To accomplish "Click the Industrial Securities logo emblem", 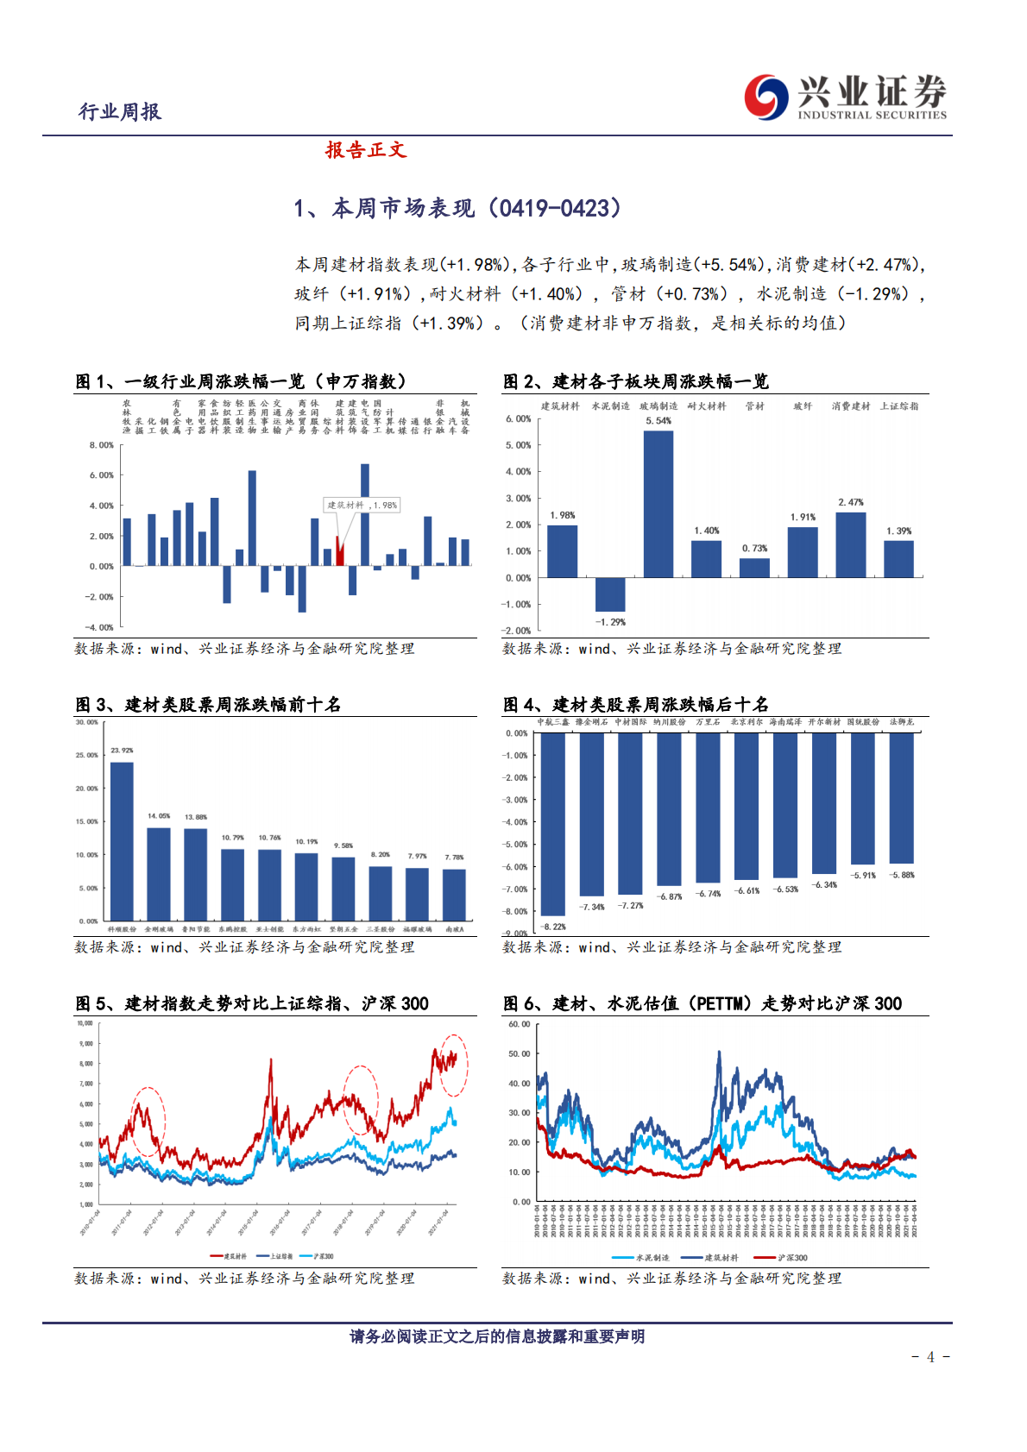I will point(766,96).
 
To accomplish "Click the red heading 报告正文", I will point(366,150).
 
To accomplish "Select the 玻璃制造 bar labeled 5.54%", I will point(658,504).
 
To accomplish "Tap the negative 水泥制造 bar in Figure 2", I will point(610,594).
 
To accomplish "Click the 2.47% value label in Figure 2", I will point(850,502).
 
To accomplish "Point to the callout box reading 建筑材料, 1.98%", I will point(362,506).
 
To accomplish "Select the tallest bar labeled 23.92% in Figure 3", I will point(122,841).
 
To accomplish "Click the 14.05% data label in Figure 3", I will point(159,815).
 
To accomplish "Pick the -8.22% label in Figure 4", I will point(553,927).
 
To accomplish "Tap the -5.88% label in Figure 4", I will point(902,875).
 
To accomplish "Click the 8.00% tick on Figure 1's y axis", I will point(102,445).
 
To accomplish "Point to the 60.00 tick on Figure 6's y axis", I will point(520,1024).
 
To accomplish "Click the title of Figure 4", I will point(636,705).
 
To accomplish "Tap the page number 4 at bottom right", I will point(930,1357).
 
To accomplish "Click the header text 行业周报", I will point(120,112).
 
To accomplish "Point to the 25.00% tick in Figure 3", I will point(87,755).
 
